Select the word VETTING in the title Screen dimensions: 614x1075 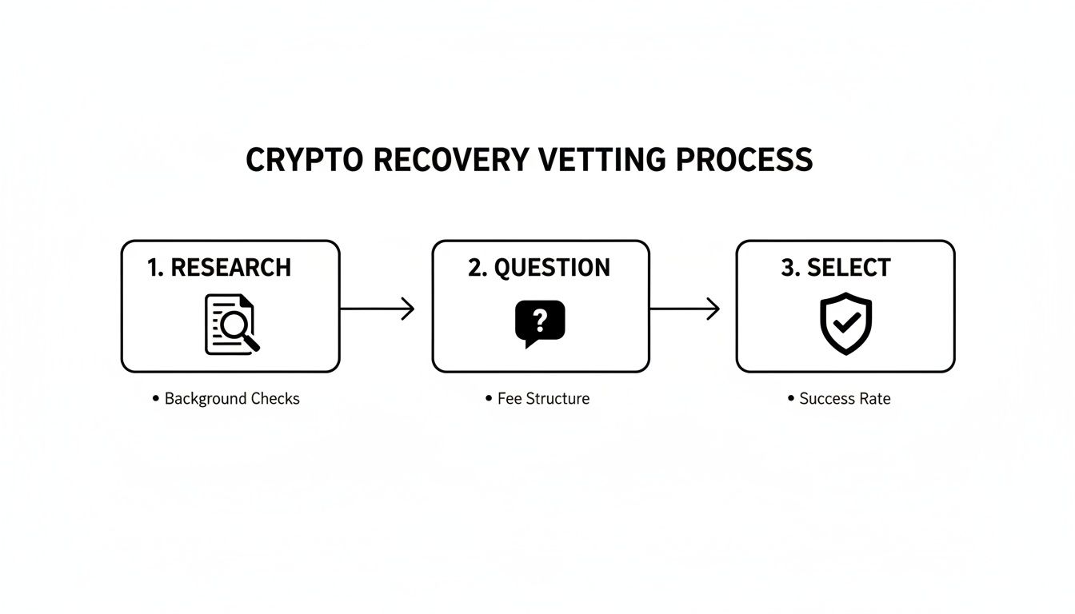click(x=601, y=160)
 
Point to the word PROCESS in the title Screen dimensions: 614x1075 click(x=744, y=160)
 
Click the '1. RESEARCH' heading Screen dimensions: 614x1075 click(x=219, y=268)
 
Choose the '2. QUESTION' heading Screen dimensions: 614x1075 click(x=539, y=268)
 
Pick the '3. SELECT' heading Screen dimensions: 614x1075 click(x=836, y=268)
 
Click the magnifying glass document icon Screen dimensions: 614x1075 click(x=232, y=324)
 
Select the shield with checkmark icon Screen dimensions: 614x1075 click(x=845, y=323)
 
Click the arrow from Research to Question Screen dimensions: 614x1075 click(x=378, y=309)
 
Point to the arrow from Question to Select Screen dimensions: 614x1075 click(x=685, y=309)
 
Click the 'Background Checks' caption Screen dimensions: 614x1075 click(x=232, y=398)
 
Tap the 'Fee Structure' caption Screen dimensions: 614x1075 click(x=543, y=398)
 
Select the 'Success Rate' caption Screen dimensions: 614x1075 click(x=845, y=398)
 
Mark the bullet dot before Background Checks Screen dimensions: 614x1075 click(x=155, y=398)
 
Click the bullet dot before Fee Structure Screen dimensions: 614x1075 click(x=488, y=398)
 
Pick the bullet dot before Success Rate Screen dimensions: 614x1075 click(x=790, y=398)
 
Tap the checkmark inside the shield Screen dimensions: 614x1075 click(x=845, y=323)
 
